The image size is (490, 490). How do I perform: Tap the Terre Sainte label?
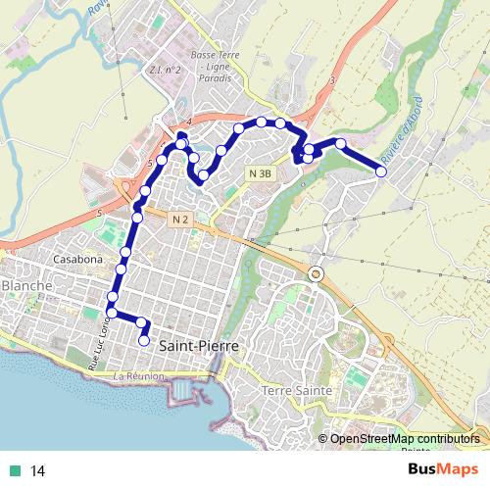coord(298,390)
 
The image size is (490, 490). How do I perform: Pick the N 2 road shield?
coord(177,218)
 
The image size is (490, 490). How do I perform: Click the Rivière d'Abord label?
coord(401,130)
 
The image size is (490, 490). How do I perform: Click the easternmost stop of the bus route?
coord(381,171)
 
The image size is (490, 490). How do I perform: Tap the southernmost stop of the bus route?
coord(144,341)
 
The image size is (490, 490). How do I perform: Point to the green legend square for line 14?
coord(12,471)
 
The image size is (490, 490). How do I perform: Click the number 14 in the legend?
coord(38,471)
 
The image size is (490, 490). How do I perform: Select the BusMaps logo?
coord(444,471)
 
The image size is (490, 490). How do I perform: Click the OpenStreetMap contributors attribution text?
coord(404,438)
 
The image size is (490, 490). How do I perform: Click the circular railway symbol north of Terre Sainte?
coord(316,273)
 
